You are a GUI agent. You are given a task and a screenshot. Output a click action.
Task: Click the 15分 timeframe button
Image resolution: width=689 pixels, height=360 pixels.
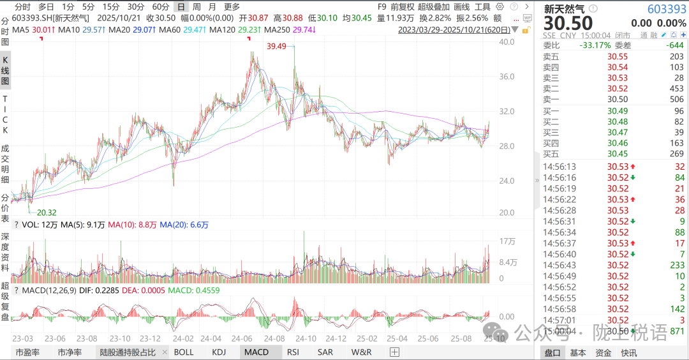point(111,6)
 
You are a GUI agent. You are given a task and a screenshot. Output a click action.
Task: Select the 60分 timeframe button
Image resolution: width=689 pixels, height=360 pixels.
point(160,6)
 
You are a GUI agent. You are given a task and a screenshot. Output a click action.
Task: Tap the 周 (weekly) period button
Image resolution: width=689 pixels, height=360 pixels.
point(197,6)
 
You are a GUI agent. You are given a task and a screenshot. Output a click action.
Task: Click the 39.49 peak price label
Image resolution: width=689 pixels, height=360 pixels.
point(277,46)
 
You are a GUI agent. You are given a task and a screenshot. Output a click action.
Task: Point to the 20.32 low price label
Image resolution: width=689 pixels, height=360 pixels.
point(47,212)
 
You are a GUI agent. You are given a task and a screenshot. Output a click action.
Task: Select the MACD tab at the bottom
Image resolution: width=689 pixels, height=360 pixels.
point(256,352)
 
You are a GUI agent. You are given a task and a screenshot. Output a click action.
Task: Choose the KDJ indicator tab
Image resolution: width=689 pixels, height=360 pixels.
point(219,352)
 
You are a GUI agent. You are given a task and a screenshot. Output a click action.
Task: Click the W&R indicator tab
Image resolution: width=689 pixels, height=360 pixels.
point(361,352)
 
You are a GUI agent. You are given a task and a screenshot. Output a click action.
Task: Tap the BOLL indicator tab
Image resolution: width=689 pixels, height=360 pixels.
point(184,352)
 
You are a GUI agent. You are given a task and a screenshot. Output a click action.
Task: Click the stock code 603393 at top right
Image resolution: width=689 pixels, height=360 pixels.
point(667,9)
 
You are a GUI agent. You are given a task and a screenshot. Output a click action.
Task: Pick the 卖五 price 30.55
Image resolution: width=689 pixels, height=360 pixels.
point(617,56)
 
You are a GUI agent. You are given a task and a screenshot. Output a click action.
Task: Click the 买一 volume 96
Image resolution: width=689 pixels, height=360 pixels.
point(678,111)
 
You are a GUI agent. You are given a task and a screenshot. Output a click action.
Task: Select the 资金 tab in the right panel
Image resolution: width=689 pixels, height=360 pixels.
point(603,352)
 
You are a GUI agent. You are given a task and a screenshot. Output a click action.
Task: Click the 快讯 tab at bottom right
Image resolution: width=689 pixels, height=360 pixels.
point(628,352)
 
